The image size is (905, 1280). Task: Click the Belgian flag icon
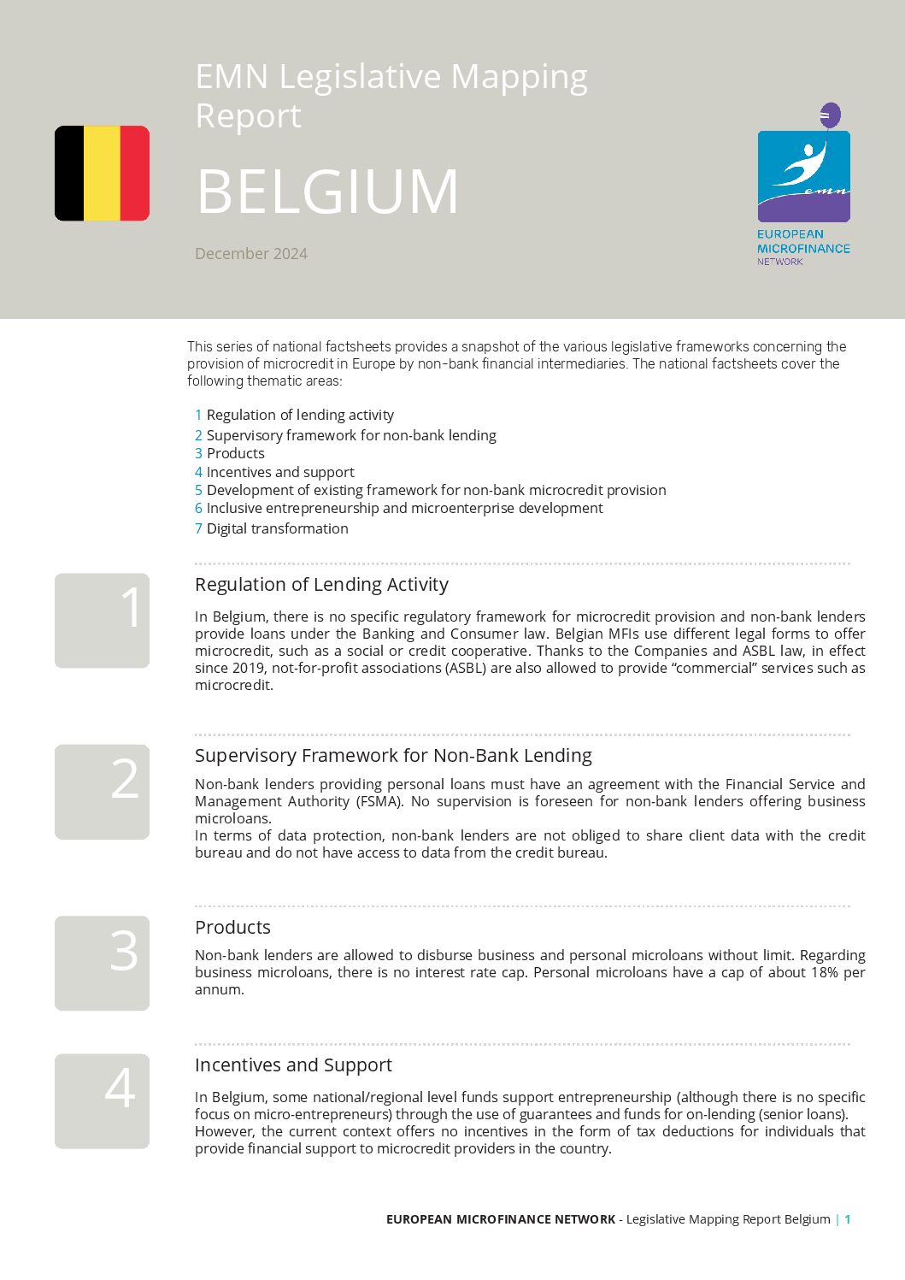(x=102, y=174)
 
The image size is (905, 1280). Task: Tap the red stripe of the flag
(x=134, y=174)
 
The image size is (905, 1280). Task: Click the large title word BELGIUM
(x=327, y=192)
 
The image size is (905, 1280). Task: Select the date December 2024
(x=251, y=254)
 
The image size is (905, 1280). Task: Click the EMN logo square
(x=803, y=176)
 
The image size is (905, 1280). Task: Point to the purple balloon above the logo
(x=830, y=115)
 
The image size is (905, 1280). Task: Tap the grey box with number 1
(x=102, y=620)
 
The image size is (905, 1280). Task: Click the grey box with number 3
(x=102, y=963)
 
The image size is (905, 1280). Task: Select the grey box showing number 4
(x=102, y=1100)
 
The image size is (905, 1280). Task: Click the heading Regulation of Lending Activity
(x=321, y=585)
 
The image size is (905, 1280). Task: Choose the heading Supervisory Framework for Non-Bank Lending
(x=393, y=756)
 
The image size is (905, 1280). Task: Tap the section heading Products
(x=232, y=928)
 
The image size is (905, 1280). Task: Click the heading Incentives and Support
(x=293, y=1065)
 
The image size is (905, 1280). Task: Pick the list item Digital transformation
(x=277, y=528)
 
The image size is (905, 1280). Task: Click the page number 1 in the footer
(x=848, y=1219)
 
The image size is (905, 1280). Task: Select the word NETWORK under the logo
(x=779, y=262)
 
